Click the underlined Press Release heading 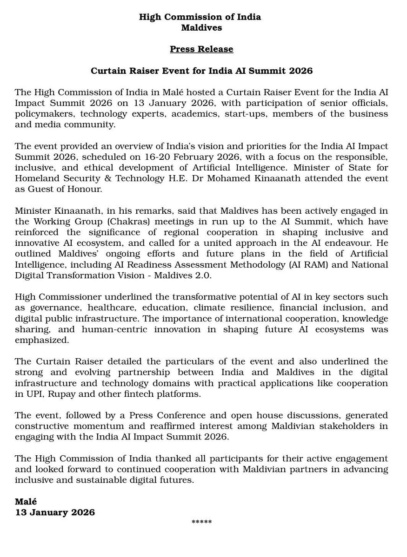coord(201,49)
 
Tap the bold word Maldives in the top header coord(201,27)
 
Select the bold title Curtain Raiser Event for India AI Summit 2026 coord(201,71)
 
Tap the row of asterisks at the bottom coord(201,523)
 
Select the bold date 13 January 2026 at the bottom coord(55,512)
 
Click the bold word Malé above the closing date coord(26,502)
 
